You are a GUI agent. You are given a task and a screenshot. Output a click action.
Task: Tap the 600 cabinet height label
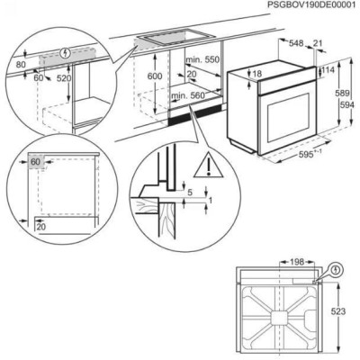coord(156,76)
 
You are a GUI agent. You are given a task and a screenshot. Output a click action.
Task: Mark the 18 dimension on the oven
coord(257,73)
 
